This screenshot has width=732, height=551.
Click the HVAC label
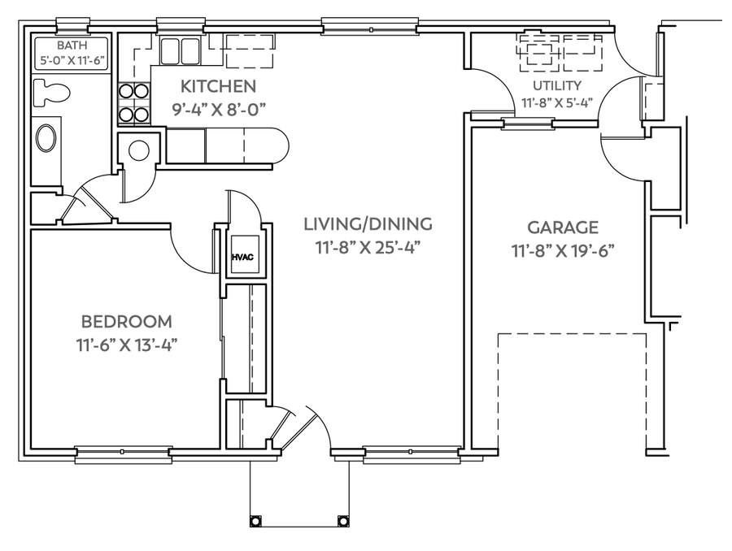tap(242, 257)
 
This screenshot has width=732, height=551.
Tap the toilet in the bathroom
tap(52, 92)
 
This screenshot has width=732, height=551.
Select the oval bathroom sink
tap(46, 137)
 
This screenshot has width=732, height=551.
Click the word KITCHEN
tap(219, 86)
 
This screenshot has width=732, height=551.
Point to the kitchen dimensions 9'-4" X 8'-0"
tap(219, 110)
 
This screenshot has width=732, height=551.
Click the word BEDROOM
tap(127, 322)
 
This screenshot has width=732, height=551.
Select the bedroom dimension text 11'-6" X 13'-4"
tap(127, 345)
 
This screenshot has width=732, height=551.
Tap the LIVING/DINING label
tap(368, 224)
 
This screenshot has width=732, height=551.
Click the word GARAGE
tap(563, 228)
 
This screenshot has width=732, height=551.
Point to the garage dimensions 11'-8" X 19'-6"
tap(563, 251)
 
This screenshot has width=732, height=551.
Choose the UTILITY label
tap(557, 85)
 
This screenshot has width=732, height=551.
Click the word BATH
tap(72, 46)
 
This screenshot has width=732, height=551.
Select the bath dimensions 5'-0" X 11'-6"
tap(72, 60)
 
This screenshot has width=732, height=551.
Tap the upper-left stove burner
tap(126, 89)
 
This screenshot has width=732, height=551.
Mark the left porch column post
tap(255, 520)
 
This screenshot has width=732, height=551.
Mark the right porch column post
tap(343, 520)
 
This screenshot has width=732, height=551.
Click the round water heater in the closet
tap(138, 150)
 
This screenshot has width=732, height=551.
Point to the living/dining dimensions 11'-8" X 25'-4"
tap(368, 248)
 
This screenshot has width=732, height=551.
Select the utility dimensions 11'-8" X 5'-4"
tap(557, 102)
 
